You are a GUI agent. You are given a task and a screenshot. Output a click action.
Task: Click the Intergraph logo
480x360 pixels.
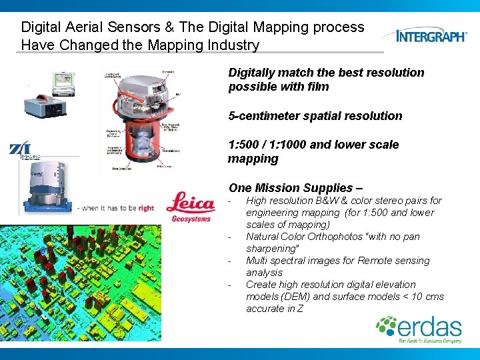(x=431, y=35)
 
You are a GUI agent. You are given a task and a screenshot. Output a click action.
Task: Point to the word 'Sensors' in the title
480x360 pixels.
(x=137, y=27)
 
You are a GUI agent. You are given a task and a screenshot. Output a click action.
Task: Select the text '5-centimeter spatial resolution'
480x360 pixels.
(x=315, y=116)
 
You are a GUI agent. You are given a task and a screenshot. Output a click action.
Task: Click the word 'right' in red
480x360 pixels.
(x=146, y=208)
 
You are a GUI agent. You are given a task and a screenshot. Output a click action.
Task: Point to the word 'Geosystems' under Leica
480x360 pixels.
(x=190, y=218)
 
